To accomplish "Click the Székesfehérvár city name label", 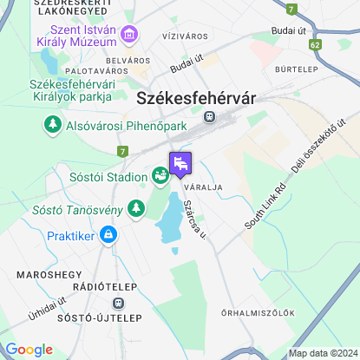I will click(196, 99).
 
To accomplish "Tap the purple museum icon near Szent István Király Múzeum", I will click(131, 36).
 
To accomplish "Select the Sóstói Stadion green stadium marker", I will click(160, 176).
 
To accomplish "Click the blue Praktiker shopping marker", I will click(108, 234).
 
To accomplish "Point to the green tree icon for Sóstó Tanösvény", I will click(135, 208).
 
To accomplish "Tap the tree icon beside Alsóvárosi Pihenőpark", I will click(53, 127).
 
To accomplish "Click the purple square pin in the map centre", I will click(180, 163).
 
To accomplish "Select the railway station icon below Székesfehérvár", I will click(209, 116).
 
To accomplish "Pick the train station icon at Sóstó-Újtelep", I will click(118, 304).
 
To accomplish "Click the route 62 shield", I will click(315, 43).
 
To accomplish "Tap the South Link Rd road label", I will click(265, 206).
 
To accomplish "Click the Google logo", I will click(29, 350).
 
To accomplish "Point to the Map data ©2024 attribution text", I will click(323, 353).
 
